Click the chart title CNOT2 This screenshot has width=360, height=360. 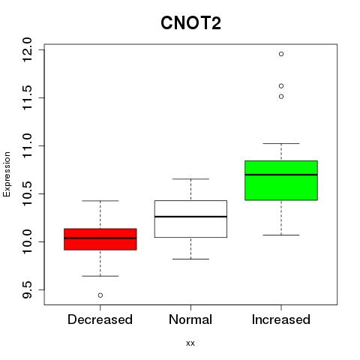point(190,23)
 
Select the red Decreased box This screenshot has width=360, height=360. point(100,239)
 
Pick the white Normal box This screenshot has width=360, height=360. point(190,219)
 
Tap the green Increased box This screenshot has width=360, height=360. point(281,180)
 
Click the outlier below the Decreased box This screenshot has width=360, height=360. point(100,295)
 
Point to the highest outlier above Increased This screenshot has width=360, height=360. point(281,54)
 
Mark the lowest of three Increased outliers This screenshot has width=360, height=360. point(281,97)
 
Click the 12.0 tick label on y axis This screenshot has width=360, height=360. point(27,49)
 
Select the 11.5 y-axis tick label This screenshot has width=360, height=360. point(27,97)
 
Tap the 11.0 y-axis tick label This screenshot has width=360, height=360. point(27,145)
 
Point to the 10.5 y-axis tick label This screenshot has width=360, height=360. point(27,193)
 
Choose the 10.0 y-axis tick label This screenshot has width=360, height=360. point(27,241)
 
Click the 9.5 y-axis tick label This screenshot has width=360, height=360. point(27,289)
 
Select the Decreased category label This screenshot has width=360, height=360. point(100,319)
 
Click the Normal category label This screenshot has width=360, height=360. point(190,319)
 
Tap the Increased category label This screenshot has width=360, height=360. point(281,319)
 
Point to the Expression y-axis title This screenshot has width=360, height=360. point(7,174)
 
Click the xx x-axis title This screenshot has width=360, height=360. point(190,343)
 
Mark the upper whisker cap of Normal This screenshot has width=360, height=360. point(190,179)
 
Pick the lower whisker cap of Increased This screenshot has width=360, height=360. point(281,235)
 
